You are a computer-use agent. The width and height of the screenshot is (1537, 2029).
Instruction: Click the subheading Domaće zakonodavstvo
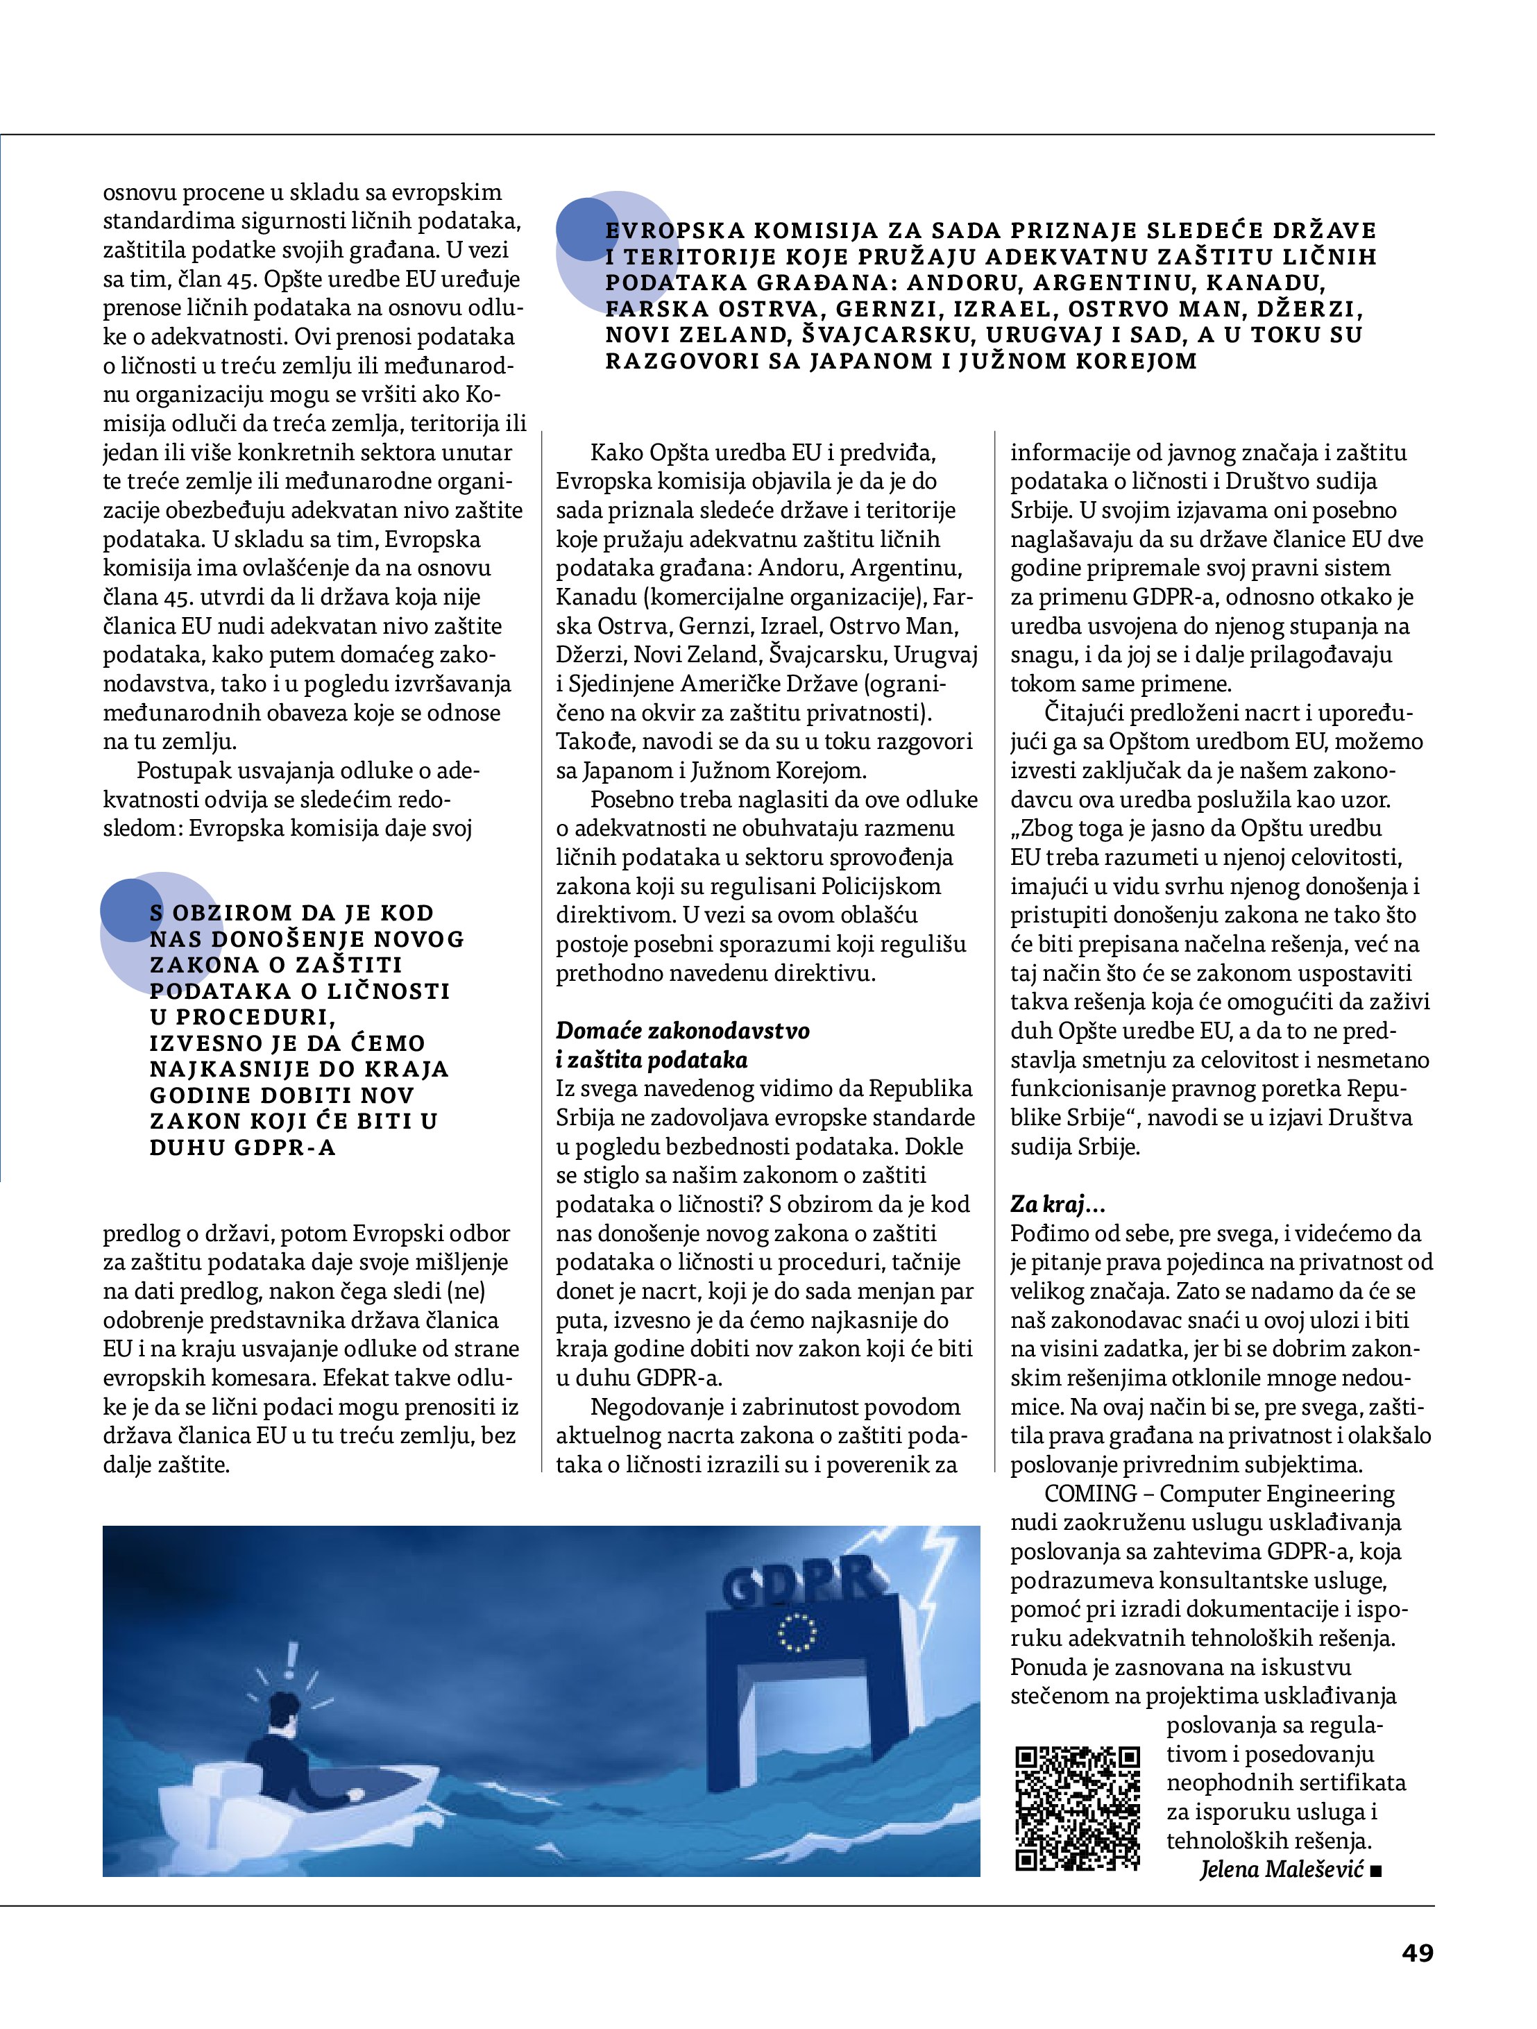(x=682, y=1031)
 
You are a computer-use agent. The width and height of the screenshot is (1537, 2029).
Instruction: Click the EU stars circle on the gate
(x=795, y=1633)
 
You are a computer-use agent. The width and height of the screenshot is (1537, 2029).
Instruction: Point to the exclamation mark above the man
(x=291, y=1655)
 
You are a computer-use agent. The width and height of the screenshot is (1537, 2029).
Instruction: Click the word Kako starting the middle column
(x=616, y=453)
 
